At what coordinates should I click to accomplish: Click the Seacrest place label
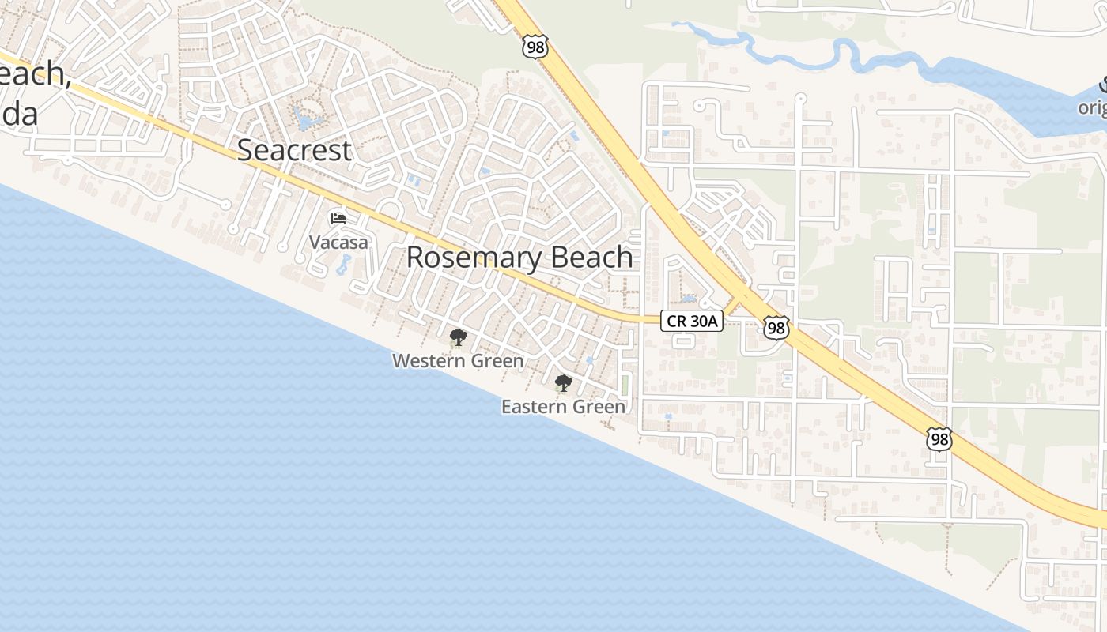click(294, 149)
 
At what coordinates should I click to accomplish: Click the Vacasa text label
click(338, 243)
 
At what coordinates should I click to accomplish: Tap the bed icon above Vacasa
click(338, 218)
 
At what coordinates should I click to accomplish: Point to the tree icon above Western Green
click(457, 338)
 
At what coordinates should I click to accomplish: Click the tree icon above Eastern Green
click(563, 384)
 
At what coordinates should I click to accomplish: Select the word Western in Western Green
click(430, 361)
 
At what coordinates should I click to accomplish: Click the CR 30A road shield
click(692, 320)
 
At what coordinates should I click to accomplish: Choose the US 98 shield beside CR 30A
click(776, 328)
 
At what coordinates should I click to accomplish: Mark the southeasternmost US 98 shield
click(939, 439)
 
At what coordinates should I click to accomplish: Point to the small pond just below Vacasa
click(343, 265)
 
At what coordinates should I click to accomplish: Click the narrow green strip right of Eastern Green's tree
click(625, 386)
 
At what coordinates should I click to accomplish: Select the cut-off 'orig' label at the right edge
click(1092, 107)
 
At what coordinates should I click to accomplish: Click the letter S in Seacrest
click(246, 149)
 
